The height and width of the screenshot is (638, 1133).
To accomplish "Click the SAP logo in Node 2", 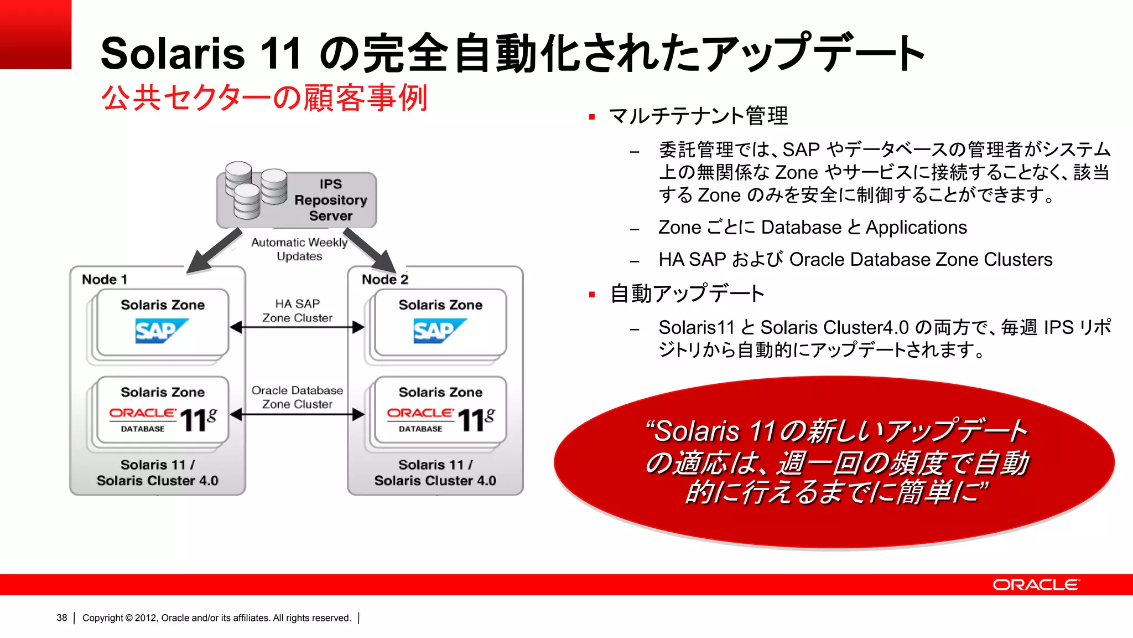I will pos(439,331).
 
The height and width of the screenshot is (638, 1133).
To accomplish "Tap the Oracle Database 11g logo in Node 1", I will pos(163,420).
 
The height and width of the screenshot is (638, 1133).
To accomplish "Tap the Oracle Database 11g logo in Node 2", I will pos(441,420).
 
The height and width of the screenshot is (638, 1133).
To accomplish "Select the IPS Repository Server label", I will pos(330,200).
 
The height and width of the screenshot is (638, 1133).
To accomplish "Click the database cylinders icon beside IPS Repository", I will pos(256,188).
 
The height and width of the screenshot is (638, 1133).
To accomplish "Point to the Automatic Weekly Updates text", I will pos(299,249).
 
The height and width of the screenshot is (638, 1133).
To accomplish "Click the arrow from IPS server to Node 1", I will pos(213,251).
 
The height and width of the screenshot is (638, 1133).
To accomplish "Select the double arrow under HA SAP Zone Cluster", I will pos(297,327).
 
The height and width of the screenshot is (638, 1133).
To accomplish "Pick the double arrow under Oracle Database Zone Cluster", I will pos(297,414).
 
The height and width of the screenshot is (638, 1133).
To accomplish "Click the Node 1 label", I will pos(105,280).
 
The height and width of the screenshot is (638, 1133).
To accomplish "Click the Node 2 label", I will pos(384,280).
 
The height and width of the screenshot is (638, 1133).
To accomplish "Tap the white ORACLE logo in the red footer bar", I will pos(1035,585).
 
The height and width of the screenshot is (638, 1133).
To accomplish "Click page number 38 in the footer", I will pos(61,618).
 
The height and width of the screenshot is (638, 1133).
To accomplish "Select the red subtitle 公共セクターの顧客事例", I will pos(264,98).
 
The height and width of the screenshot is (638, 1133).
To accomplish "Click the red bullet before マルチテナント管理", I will pos(592,117).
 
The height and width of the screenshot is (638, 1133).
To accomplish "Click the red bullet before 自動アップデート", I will pos(592,295).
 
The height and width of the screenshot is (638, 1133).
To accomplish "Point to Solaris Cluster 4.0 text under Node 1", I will pos(158,481).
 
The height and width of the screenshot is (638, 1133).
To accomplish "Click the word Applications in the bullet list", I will pos(916,228).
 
